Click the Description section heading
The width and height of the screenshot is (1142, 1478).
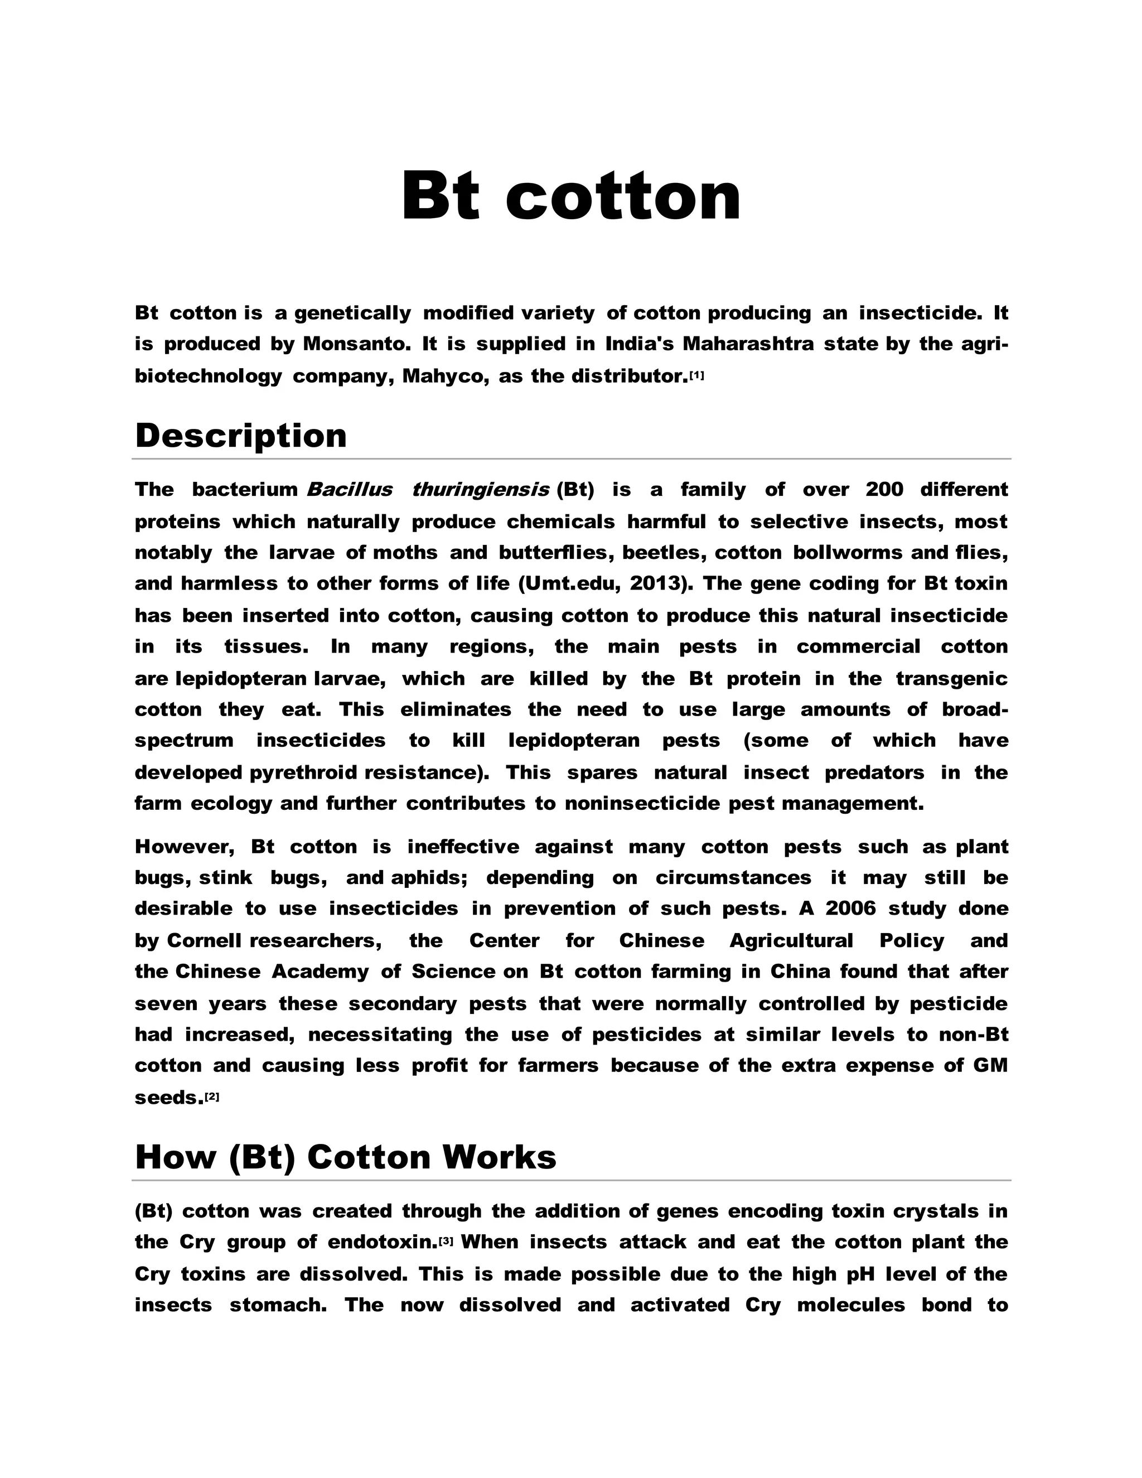(x=241, y=435)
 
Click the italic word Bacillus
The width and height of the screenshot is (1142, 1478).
(x=349, y=489)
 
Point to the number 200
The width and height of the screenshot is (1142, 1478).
(x=884, y=489)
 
